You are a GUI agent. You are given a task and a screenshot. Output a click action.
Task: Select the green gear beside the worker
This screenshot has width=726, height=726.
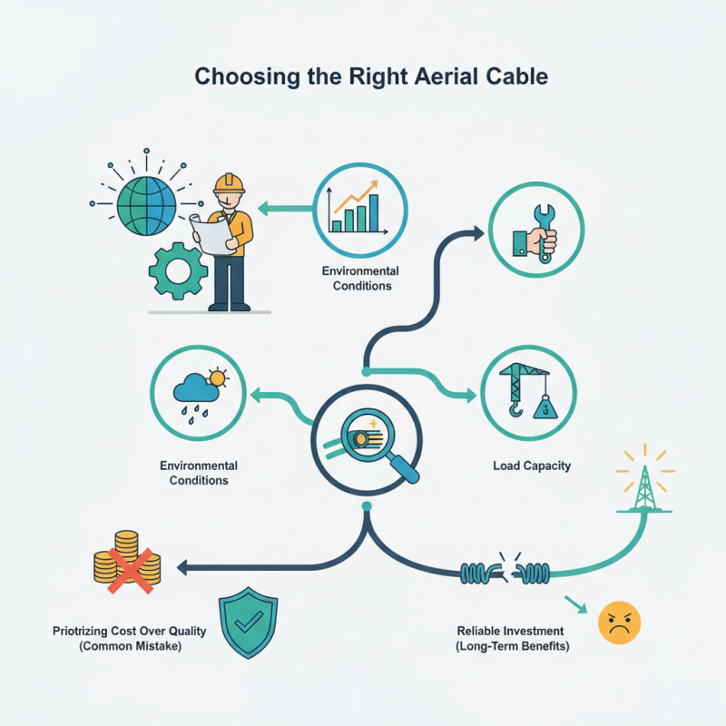pyautogui.click(x=178, y=269)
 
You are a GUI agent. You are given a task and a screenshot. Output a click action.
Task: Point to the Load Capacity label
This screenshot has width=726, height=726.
pyautogui.click(x=532, y=466)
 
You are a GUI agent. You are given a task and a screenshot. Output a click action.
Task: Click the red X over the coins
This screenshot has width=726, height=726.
pyautogui.click(x=126, y=568)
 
